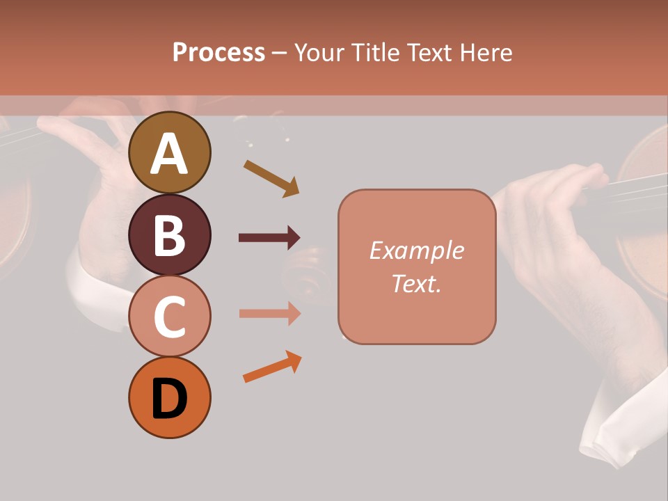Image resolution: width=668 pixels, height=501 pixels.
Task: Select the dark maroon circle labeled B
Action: point(169,234)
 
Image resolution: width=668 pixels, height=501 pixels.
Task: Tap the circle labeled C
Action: point(169,316)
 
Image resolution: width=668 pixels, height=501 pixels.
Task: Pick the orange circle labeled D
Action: point(169,397)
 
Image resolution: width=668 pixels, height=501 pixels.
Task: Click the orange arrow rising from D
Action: point(272,367)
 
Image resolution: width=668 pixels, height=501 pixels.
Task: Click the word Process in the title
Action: point(218,52)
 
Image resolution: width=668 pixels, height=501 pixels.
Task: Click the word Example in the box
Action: point(416,250)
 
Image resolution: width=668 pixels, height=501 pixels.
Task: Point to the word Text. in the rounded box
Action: point(416,283)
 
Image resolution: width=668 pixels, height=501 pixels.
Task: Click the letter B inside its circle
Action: point(169,235)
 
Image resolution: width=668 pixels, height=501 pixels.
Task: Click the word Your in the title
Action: point(321,52)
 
